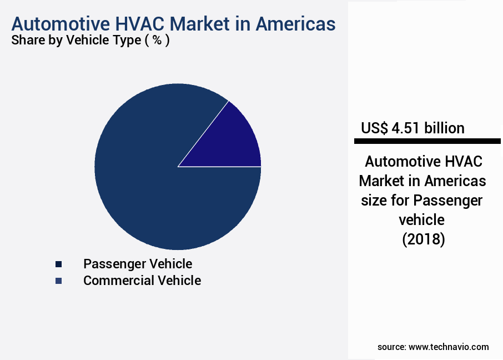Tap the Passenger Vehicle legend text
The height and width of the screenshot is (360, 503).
pos(138,264)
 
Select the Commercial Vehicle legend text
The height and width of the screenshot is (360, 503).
pos(142,281)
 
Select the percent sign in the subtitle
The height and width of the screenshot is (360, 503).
pos(158,41)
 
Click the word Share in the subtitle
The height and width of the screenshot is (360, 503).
pos(28,41)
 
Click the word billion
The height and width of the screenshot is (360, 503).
pos(444,128)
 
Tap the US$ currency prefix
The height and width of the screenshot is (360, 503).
pos(374,128)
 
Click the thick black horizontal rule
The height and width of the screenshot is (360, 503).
pos(427,142)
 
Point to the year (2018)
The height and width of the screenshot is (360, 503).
pos(422,240)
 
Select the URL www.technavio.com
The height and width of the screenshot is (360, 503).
pos(449,347)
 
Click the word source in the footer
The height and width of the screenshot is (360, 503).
pos(391,347)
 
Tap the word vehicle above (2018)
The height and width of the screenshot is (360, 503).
pos(422,220)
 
